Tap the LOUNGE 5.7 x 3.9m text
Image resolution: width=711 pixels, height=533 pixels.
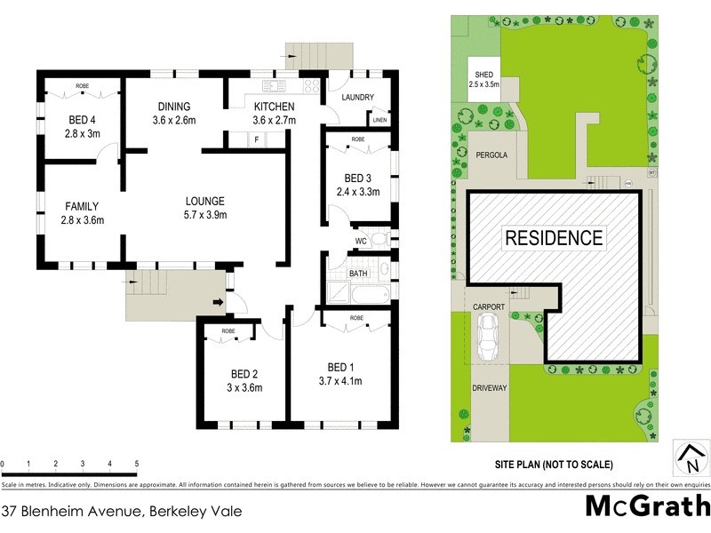point(204,207)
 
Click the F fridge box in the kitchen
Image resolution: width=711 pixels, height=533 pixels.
point(257,140)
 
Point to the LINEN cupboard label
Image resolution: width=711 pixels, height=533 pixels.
point(379,119)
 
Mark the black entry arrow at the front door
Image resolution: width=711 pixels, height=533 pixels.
point(216,300)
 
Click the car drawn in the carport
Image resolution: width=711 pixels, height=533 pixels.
point(487,338)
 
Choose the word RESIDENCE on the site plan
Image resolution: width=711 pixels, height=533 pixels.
point(554,238)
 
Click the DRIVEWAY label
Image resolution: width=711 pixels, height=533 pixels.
point(489,388)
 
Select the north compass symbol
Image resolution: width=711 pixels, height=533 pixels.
point(691,458)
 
